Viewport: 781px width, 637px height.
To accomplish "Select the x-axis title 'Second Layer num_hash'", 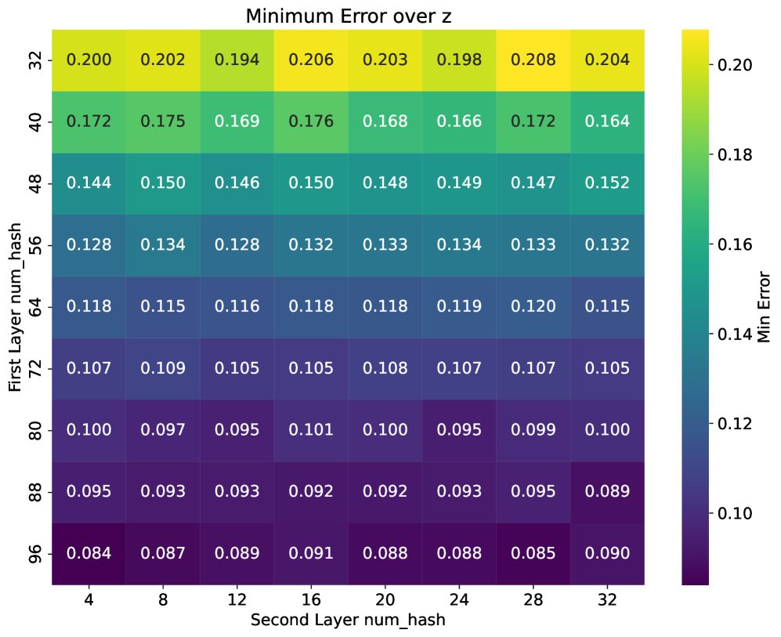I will pyautogui.click(x=348, y=619).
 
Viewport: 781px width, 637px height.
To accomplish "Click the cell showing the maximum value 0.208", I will pyautogui.click(x=533, y=60).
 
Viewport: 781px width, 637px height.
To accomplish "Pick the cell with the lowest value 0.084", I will pyautogui.click(x=89, y=553).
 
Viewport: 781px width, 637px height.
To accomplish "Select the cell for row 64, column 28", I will pyautogui.click(x=533, y=306).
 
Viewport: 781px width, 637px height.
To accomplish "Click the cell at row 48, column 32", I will pyautogui.click(x=608, y=183).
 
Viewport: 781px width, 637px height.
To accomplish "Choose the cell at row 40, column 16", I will pyautogui.click(x=311, y=121).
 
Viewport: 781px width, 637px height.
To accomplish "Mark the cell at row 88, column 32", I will pyautogui.click(x=608, y=491).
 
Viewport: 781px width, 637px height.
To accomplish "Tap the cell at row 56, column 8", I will pyautogui.click(x=163, y=245).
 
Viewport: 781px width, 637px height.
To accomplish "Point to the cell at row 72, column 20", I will pyautogui.click(x=385, y=368).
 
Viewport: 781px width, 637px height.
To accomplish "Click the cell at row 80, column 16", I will pyautogui.click(x=311, y=430).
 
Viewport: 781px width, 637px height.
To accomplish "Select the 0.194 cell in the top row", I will pyautogui.click(x=237, y=60).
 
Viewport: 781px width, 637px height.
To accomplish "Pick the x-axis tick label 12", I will pyautogui.click(x=237, y=599).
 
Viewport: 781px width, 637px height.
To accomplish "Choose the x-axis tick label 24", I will pyautogui.click(x=460, y=599).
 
